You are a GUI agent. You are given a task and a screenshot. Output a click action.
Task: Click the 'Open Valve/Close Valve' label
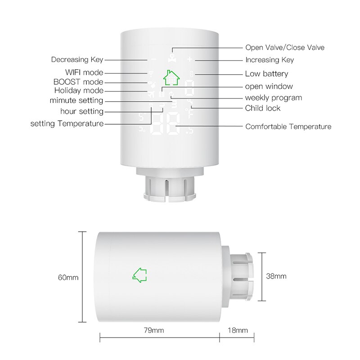[284, 47]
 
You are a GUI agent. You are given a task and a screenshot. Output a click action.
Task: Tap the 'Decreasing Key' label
[77, 59]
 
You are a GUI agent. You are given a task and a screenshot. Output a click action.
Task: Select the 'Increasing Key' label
[269, 60]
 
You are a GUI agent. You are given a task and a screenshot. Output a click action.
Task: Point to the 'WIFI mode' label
[84, 72]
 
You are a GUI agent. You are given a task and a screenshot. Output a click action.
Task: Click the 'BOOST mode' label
[78, 82]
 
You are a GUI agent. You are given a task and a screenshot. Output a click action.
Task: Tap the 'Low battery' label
[266, 74]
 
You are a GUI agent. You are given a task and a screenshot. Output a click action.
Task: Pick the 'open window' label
[269, 86]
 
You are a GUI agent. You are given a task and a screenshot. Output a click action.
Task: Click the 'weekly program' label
[273, 98]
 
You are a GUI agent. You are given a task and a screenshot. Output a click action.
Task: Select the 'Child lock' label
[262, 108]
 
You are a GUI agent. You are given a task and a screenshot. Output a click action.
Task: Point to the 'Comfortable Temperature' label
[288, 126]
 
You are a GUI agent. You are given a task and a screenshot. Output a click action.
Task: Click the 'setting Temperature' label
[67, 123]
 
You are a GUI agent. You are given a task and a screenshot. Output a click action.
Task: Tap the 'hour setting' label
[82, 111]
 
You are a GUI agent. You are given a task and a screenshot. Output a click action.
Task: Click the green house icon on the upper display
[171, 77]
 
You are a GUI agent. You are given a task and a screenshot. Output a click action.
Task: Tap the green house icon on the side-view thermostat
[140, 274]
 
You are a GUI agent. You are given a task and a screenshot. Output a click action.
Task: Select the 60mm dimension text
[68, 277]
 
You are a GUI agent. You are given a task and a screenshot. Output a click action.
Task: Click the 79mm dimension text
[154, 331]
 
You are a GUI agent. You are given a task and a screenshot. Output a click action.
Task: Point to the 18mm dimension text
[238, 331]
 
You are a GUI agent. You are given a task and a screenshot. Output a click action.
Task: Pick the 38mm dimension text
[276, 276]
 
